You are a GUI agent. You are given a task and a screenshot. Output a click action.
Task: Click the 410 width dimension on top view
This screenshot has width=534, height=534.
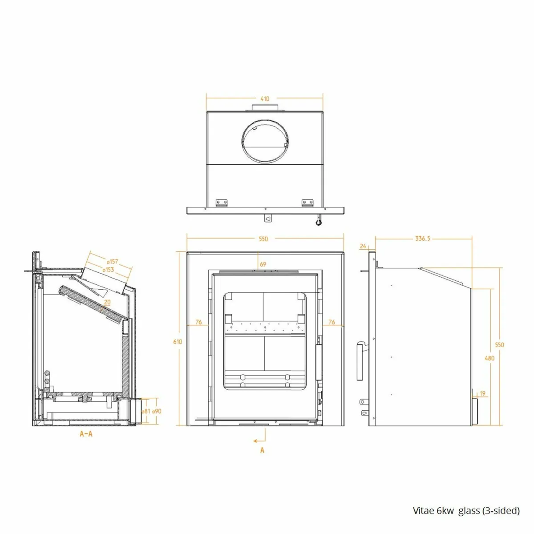point(265,99)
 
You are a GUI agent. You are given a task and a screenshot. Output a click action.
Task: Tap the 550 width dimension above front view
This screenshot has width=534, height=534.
point(263,239)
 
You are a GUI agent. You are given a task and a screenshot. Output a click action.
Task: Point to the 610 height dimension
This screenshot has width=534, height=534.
point(178,342)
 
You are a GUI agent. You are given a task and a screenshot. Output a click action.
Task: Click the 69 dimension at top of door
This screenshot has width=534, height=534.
point(263,264)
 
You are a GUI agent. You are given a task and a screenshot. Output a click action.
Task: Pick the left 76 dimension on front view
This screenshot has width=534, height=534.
point(198,322)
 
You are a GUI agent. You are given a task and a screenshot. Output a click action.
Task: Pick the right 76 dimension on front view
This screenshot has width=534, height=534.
point(331,322)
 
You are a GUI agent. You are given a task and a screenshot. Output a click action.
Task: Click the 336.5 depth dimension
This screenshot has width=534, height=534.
point(423,239)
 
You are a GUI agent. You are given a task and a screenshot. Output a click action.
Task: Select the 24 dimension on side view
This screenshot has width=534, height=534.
point(364,246)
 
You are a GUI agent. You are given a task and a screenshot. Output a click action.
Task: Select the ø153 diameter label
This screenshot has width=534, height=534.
point(109,269)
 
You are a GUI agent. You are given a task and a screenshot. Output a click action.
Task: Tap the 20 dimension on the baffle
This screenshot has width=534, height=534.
point(107,302)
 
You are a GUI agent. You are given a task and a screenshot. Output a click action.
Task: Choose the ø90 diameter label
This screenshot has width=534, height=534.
point(156,411)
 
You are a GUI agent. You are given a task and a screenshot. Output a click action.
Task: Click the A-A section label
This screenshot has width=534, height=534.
point(86,434)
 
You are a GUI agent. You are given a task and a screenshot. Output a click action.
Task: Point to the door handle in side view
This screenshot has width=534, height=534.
point(360,360)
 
